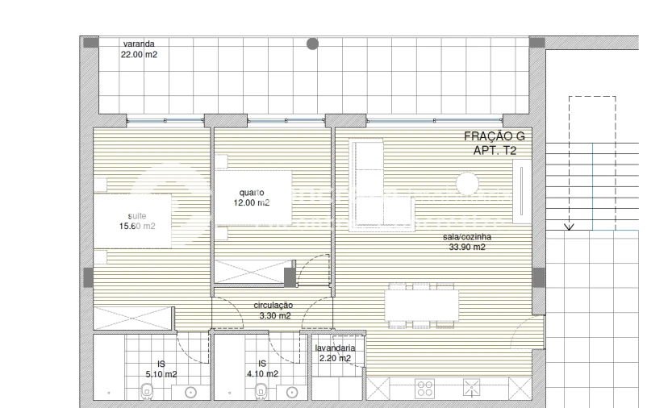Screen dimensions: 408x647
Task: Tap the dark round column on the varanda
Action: click(312, 44)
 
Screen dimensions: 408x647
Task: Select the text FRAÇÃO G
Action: click(495, 138)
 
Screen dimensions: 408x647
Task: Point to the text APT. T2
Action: click(495, 152)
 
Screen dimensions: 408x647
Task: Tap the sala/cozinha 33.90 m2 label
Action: click(467, 243)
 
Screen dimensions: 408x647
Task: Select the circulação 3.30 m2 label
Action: click(273, 311)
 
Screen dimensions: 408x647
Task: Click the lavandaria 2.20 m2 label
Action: click(333, 353)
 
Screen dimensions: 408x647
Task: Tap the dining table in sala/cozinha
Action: click(421, 305)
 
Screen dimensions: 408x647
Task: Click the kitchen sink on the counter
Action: click(471, 389)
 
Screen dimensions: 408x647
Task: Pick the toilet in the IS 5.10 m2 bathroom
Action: click(146, 392)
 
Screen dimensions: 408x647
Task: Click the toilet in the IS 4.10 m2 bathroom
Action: click(261, 392)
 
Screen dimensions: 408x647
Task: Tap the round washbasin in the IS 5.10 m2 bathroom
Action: click(191, 393)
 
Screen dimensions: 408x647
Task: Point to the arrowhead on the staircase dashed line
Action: click(569, 227)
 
